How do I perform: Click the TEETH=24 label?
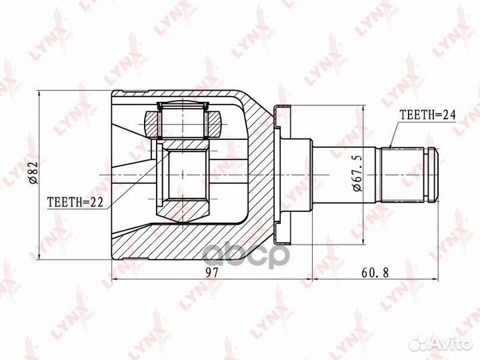tap(427, 115)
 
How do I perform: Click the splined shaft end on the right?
tap(408, 174)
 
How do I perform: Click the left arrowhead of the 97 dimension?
tap(114, 275)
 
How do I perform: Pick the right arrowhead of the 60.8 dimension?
tap(436, 275)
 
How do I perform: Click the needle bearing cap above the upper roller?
tap(184, 105)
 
